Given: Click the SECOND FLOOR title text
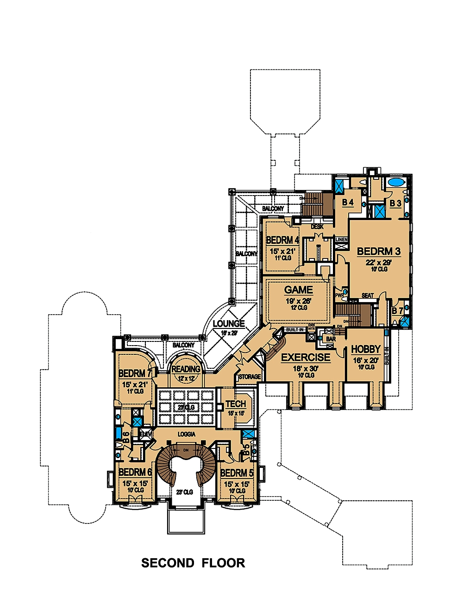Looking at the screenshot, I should tap(193, 563).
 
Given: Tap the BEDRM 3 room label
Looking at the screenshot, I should tap(379, 252).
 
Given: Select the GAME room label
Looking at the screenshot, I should tap(299, 290).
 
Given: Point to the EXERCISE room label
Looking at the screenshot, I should tap(306, 358).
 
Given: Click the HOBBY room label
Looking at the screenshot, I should tap(366, 349).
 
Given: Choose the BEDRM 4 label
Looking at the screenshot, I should tap(282, 240).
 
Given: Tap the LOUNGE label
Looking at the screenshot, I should tap(229, 324).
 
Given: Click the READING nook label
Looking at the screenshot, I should tap(186, 369).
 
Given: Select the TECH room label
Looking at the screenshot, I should tap(236, 404).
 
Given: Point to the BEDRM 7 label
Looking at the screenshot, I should tap(135, 374).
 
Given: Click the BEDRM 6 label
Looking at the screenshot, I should tap(135, 473).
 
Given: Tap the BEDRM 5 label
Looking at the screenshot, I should tap(237, 473).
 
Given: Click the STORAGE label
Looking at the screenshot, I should tap(250, 377).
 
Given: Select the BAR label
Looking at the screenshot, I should tap(331, 340).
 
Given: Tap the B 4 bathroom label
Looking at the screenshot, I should tap(348, 202).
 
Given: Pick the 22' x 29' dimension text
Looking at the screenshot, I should tap(379, 262).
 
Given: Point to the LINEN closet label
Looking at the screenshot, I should tap(341, 240).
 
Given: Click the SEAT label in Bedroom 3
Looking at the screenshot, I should tap(368, 296).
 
